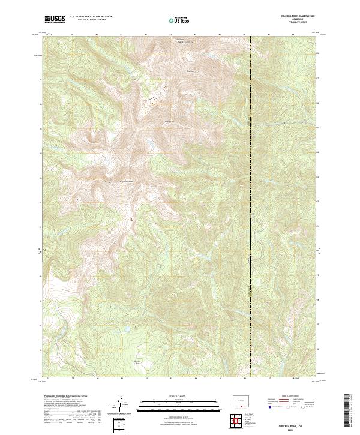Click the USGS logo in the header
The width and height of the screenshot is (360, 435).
click(55, 19)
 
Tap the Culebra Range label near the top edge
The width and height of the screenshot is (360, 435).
click(180, 40)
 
